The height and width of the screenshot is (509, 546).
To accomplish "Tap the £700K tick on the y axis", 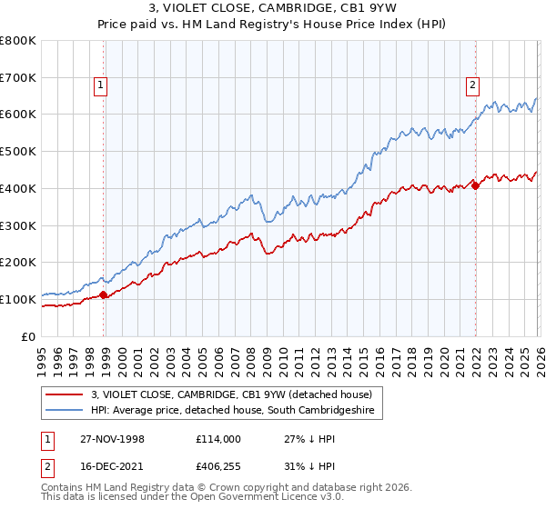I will point(18,78).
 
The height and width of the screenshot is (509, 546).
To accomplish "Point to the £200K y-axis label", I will point(18,262).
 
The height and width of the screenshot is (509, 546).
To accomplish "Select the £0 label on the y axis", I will point(27,335).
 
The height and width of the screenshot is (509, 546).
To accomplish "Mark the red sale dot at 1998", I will point(104,294).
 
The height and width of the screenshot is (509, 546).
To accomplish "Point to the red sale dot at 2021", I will point(475,186).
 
